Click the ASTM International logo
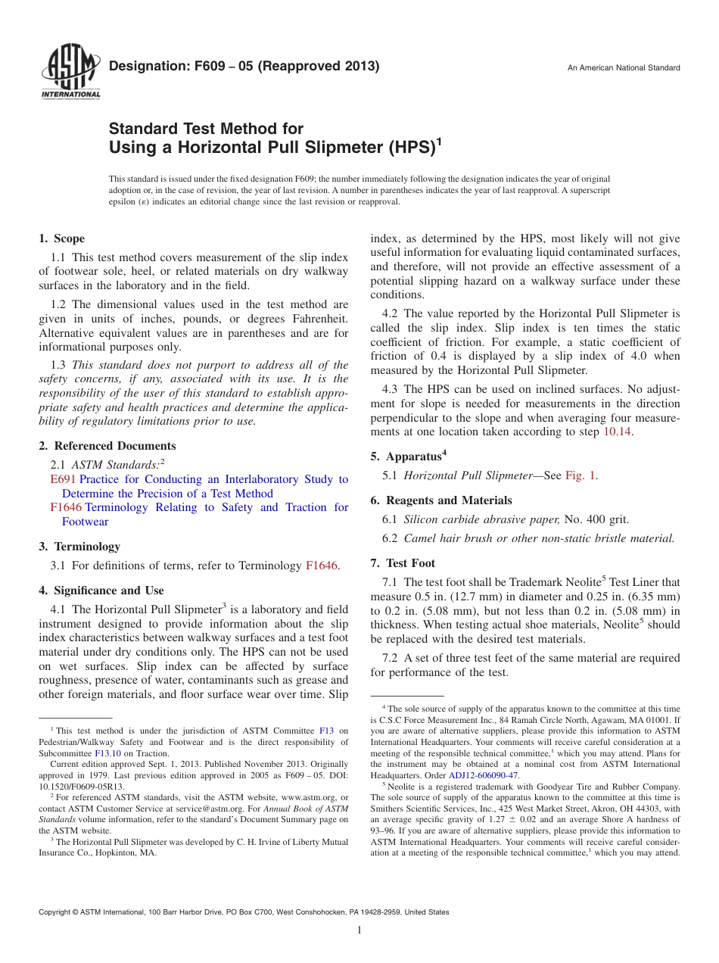[x=70, y=73]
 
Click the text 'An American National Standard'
[x=624, y=68]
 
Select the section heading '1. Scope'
[x=61, y=238]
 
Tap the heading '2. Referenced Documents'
[x=107, y=446]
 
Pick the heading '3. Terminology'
[x=79, y=547]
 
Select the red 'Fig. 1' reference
[x=580, y=475]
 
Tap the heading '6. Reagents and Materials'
[x=440, y=500]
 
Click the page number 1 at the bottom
[x=359, y=930]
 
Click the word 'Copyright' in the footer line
[x=55, y=912]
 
